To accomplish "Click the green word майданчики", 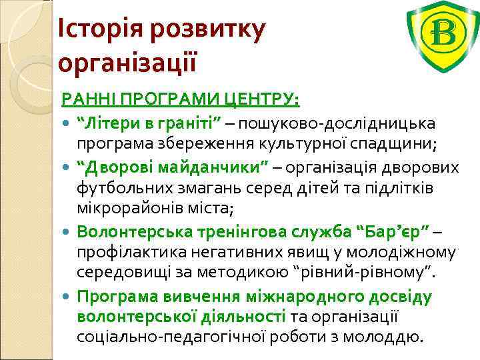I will pyautogui.click(x=216, y=167).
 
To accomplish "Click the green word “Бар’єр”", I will pyautogui.click(x=394, y=231).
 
